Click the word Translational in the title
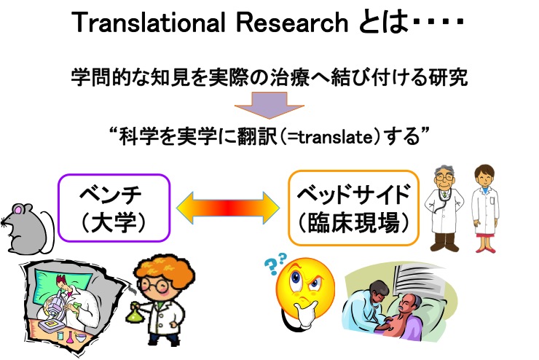148,23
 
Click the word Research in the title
292,23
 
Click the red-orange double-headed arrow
228,208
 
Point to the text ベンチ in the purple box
111,195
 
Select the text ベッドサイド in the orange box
354,195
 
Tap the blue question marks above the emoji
275,262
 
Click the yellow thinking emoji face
305,286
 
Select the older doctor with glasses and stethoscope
444,208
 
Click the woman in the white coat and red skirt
484,208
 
